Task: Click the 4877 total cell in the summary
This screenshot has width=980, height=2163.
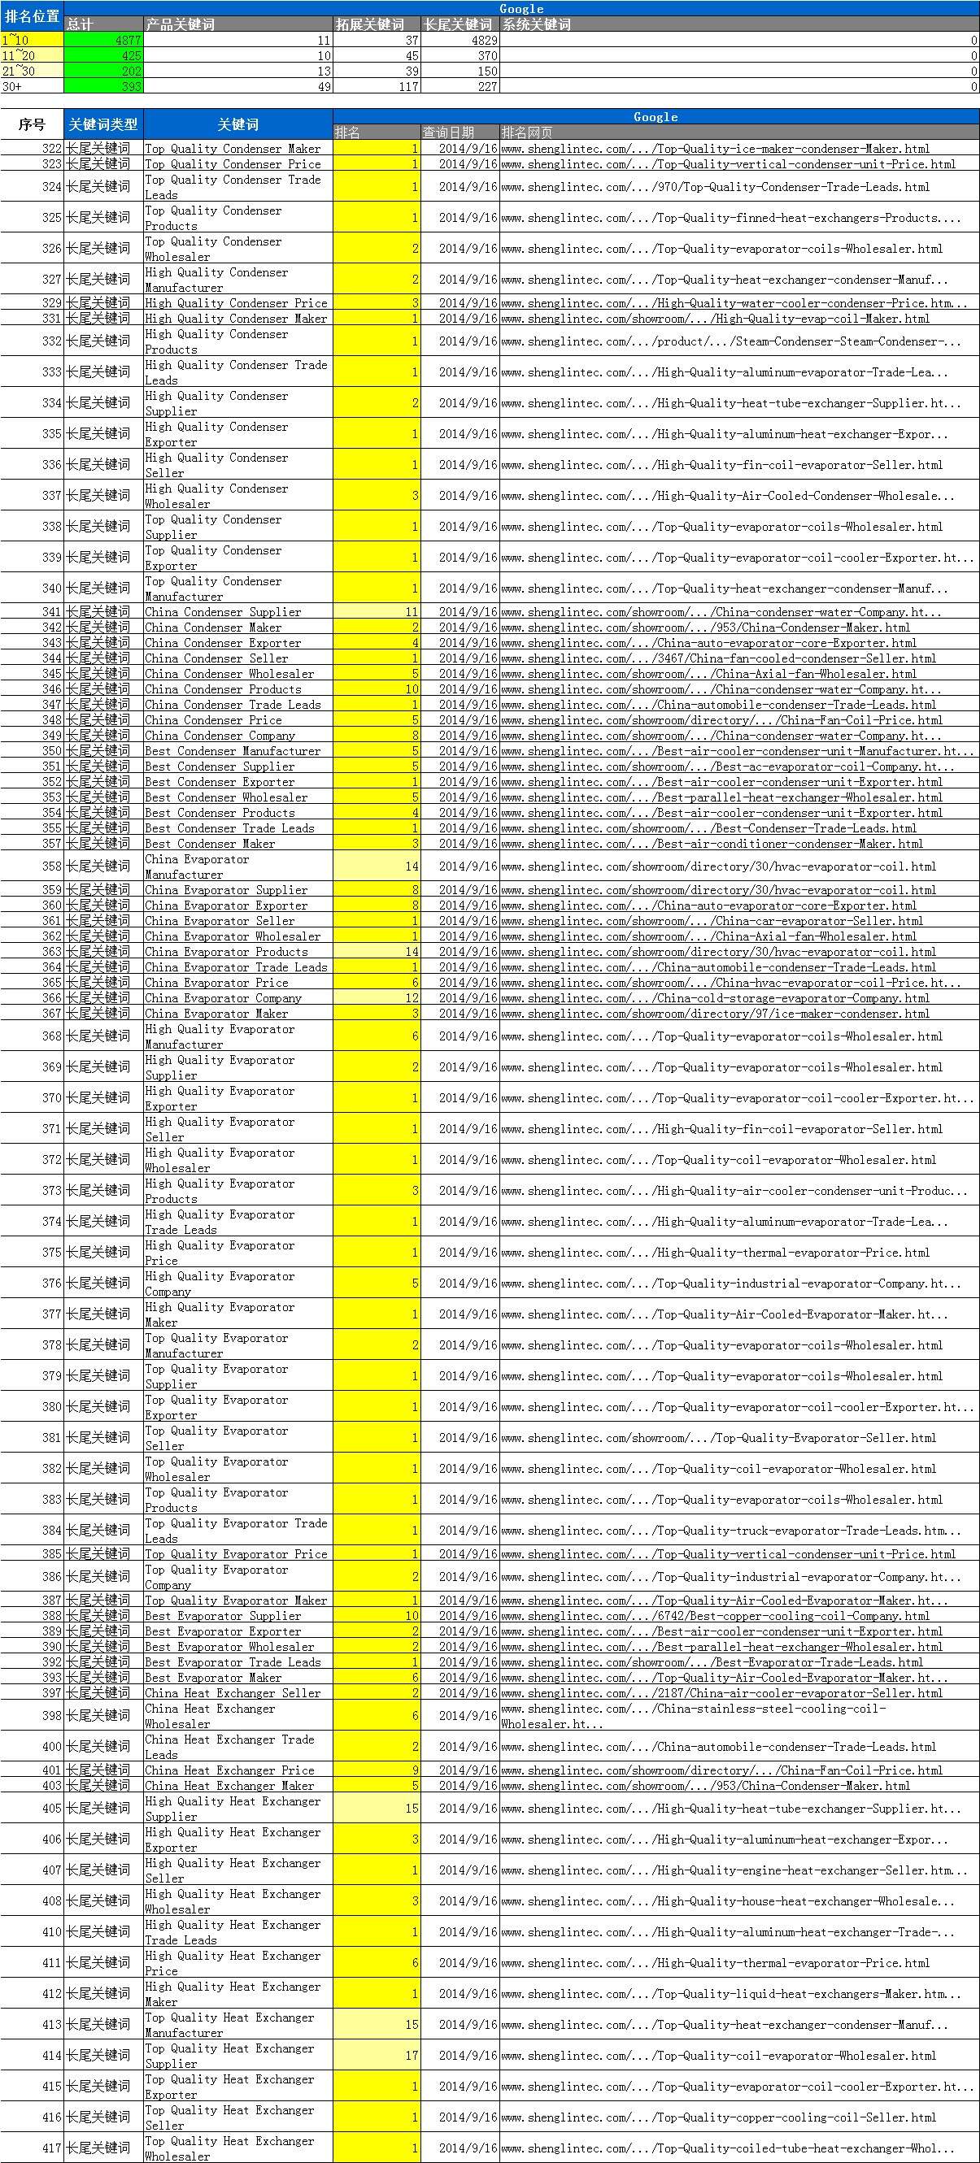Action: pos(103,41)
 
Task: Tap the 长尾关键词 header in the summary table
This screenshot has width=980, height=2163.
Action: pos(458,24)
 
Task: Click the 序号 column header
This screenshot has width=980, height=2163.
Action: pos(32,124)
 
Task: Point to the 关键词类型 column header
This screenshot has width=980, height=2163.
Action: pos(102,124)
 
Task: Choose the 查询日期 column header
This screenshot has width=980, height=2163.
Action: pos(448,132)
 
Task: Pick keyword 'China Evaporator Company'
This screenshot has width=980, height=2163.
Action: pos(223,998)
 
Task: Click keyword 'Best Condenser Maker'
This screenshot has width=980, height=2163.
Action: pos(210,844)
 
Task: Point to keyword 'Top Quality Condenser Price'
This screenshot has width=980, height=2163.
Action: pos(233,164)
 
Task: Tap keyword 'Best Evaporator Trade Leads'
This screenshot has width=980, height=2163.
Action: pos(233,1662)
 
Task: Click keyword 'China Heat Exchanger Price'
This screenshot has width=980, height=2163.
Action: pos(229,1770)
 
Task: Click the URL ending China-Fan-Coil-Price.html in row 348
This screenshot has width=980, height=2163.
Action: pos(721,720)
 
